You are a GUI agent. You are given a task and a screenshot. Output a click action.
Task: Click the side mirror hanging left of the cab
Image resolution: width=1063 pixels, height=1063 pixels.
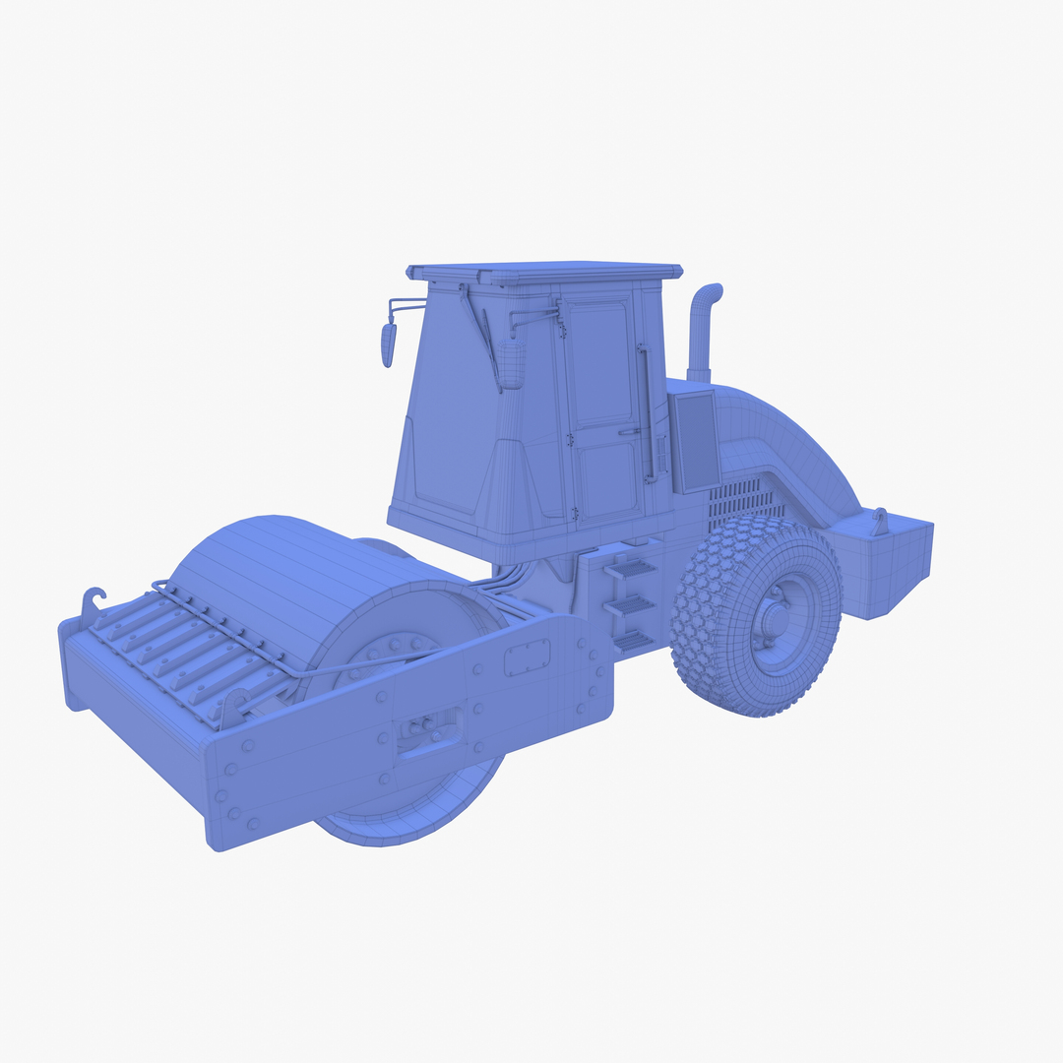388,344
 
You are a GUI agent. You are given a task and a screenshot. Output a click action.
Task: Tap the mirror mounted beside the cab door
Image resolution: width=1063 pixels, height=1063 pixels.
511,362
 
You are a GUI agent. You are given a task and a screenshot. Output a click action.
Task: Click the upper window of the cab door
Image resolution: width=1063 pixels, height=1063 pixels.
600,364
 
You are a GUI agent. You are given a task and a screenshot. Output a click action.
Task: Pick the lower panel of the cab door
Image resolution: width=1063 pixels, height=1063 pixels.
606,479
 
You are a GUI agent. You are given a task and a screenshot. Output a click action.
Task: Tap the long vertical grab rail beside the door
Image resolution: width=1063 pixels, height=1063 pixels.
647,413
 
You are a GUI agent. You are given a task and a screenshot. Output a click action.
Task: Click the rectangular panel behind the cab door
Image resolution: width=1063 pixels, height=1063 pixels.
694,440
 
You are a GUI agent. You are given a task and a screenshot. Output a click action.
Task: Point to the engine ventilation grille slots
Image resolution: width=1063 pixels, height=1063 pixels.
743,499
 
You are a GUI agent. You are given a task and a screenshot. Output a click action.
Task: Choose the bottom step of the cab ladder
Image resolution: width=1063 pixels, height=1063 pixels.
632,642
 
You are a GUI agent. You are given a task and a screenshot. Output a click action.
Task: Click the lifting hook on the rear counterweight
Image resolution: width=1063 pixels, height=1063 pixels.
879,521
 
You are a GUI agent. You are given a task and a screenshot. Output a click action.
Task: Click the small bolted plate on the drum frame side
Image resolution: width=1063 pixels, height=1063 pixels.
527,657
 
